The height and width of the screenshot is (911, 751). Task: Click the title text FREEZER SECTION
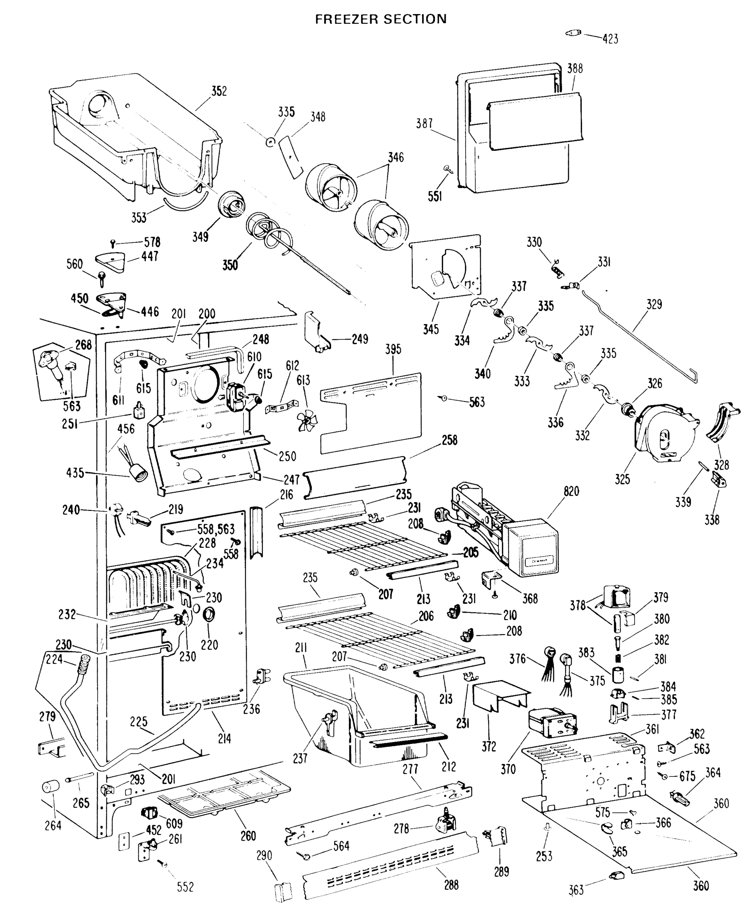click(x=381, y=19)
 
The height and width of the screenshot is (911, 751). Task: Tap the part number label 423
click(x=610, y=39)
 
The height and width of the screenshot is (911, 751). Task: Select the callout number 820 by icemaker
click(x=571, y=492)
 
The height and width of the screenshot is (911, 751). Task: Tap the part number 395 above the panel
click(x=393, y=349)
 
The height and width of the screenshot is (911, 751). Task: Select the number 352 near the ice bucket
click(x=219, y=91)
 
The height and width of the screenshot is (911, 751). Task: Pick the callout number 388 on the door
click(x=575, y=69)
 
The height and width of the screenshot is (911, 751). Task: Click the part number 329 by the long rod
click(x=654, y=304)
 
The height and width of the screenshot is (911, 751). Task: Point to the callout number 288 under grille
click(x=451, y=885)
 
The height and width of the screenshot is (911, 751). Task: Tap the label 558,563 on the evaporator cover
click(x=216, y=529)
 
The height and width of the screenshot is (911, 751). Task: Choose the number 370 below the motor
click(x=508, y=769)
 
